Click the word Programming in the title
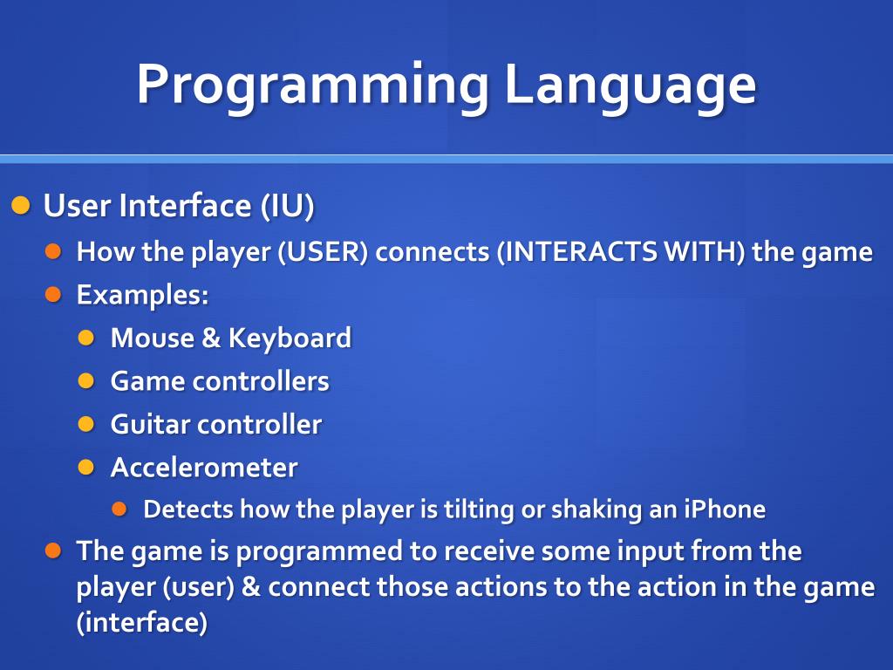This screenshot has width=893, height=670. tap(312, 85)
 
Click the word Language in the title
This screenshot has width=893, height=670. tap(631, 85)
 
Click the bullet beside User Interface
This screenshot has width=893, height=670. tap(21, 207)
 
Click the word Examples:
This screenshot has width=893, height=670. tap(142, 295)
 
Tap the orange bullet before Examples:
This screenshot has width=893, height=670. tap(54, 294)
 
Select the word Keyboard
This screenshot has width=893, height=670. tap(290, 338)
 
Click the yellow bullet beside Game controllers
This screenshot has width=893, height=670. tap(85, 380)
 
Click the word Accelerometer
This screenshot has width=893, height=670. tap(204, 467)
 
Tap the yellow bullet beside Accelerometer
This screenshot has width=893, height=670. tap(85, 467)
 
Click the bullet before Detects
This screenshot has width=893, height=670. tap(119, 509)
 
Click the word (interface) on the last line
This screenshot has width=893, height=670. tap(142, 624)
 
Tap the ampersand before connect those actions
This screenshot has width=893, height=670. tap(251, 587)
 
